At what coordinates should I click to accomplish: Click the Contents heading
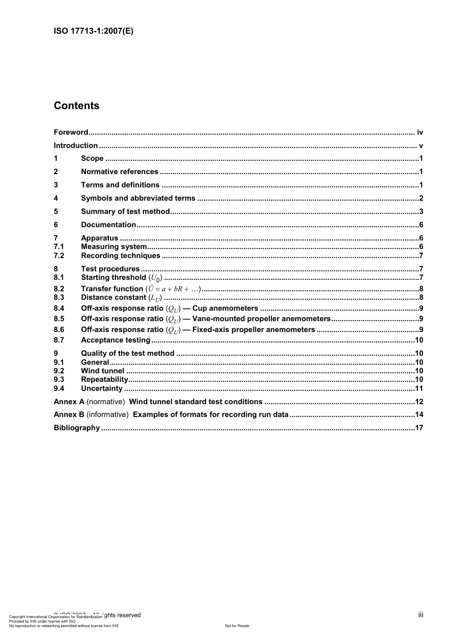tap(76, 106)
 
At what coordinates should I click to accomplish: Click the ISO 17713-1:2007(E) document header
tap(94, 31)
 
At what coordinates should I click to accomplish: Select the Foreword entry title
tap(71, 132)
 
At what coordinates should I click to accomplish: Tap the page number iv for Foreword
tap(420, 132)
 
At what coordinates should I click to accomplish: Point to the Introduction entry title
tap(76, 146)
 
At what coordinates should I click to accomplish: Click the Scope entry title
tap(92, 158)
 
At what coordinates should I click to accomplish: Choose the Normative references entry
tap(120, 172)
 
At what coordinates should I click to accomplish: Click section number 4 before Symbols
tap(56, 198)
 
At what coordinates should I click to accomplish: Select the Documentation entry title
tap(108, 225)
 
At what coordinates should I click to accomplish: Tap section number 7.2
tap(59, 256)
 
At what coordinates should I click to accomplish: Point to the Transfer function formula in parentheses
tap(173, 289)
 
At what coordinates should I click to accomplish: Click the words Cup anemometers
tap(225, 308)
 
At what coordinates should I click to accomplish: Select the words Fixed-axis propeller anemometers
tap(254, 330)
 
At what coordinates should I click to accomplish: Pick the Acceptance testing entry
tap(115, 340)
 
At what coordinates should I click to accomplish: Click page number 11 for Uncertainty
tap(419, 388)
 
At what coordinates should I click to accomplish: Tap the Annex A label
tap(69, 402)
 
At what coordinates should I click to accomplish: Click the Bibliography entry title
tap(77, 428)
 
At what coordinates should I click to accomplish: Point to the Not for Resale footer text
tap(237, 626)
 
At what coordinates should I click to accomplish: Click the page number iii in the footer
tap(421, 615)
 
